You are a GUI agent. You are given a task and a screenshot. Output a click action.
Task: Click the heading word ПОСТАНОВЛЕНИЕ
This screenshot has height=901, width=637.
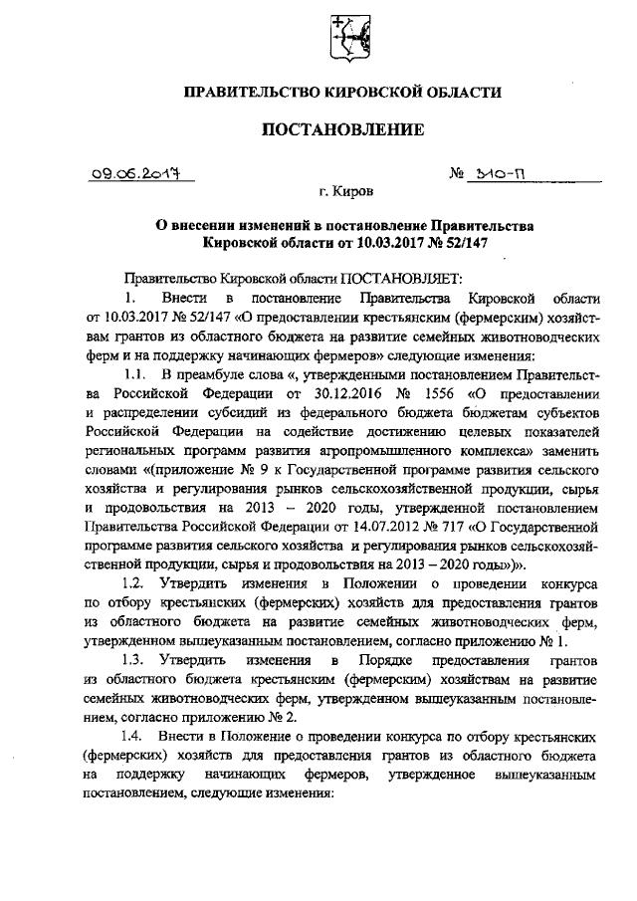(x=342, y=129)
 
